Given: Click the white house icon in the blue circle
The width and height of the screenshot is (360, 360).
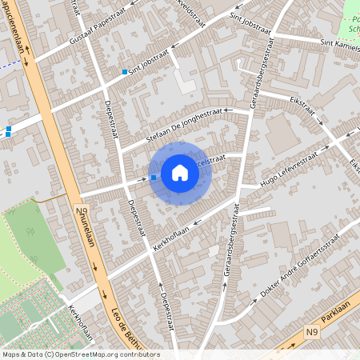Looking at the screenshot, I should tap(180, 173).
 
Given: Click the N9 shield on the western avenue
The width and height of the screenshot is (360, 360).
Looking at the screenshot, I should tap(80, 212).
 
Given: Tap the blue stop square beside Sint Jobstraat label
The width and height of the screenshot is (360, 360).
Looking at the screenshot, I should tap(125, 73).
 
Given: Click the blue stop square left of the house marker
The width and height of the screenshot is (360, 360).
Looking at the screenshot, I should tap(154, 178).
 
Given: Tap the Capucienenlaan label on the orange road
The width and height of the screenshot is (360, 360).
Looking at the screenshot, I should tap(16, 32).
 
